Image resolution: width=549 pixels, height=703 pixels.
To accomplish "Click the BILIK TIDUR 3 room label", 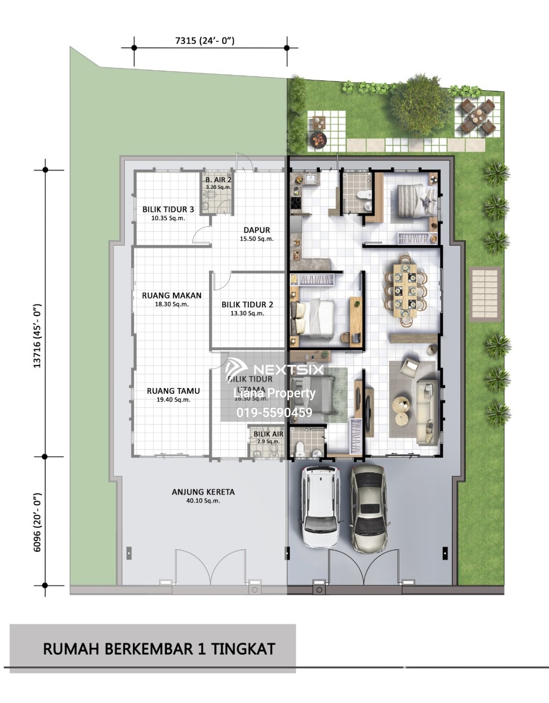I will pyautogui.click(x=168, y=209).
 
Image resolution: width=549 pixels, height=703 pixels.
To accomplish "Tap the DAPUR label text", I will pyautogui.click(x=256, y=230).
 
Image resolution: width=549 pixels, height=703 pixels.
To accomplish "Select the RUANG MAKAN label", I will pyautogui.click(x=172, y=296).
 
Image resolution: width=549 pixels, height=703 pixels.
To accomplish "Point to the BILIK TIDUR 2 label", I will pyautogui.click(x=247, y=305).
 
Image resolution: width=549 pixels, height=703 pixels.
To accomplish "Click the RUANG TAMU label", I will pyautogui.click(x=173, y=391).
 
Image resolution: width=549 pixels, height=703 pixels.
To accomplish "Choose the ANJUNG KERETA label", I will pyautogui.click(x=203, y=492).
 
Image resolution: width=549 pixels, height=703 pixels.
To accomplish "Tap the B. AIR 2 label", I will pyautogui.click(x=218, y=179).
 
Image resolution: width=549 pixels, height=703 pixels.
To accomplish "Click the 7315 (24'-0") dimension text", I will pyautogui.click(x=205, y=41).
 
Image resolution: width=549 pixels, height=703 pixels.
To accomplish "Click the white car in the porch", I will pyautogui.click(x=320, y=506).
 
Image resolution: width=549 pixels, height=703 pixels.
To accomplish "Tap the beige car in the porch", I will pyautogui.click(x=369, y=508).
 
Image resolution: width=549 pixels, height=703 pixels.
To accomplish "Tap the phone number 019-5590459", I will pyautogui.click(x=274, y=412).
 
